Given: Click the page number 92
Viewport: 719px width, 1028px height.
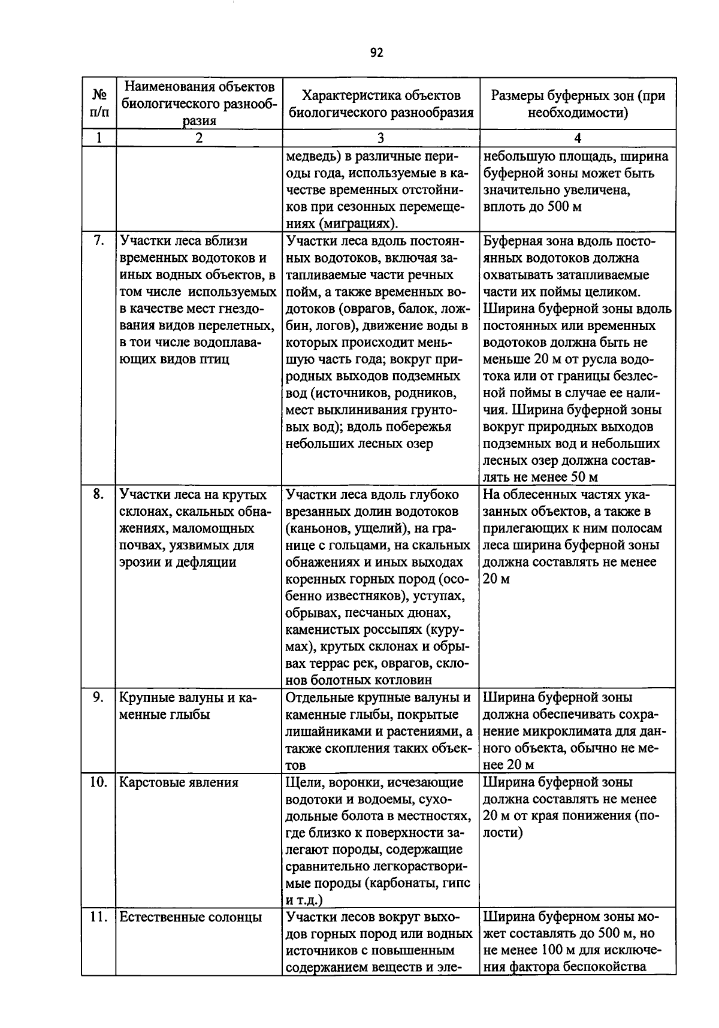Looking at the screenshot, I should click(376, 53).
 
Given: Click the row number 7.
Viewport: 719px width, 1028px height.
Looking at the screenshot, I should click(99, 241).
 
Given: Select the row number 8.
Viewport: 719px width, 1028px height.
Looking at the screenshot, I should click(99, 495).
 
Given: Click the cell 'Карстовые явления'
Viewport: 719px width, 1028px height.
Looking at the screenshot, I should click(179, 782).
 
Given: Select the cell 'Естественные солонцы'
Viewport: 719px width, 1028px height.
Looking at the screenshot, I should click(191, 917).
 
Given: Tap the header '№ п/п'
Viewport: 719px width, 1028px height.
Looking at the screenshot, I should click(99, 103).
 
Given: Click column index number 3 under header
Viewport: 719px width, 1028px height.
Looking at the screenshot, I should click(380, 138).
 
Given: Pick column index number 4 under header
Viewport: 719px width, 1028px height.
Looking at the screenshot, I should click(578, 138).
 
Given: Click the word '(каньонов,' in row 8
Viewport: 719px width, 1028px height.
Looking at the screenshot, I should click(318, 528).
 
